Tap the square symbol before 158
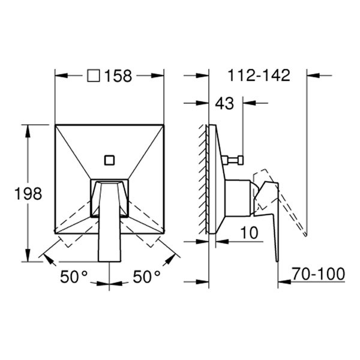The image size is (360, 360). (x=94, y=76)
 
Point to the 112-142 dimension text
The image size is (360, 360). (x=259, y=76)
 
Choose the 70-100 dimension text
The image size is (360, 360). (x=319, y=274)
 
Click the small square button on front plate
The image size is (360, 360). (x=109, y=160)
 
